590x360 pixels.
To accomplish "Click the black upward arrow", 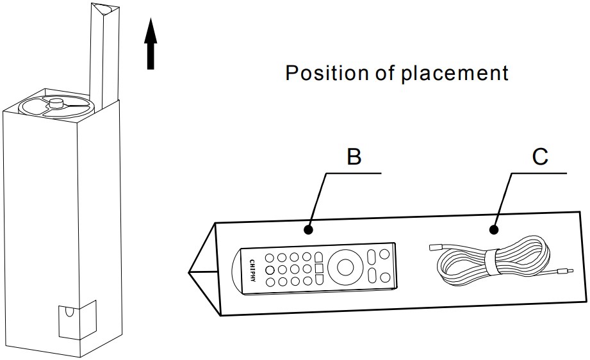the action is (151, 44).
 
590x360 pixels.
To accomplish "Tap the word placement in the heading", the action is (455, 73).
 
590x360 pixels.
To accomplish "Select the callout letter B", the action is (354, 156).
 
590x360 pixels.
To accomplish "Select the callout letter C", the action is (540, 156).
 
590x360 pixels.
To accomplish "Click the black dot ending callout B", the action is (309, 229).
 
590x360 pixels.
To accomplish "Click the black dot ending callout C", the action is (494, 229).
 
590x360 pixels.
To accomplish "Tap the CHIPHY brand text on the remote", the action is (252, 271).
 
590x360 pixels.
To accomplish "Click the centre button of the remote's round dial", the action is (345, 266).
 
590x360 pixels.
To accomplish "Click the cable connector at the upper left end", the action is (436, 247).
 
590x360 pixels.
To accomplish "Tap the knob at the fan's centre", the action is (56, 102).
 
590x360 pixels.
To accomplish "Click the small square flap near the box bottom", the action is (77, 320).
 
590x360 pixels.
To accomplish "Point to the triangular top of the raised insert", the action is (105, 8).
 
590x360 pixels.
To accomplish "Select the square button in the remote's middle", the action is (319, 268).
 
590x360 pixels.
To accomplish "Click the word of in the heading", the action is (384, 72).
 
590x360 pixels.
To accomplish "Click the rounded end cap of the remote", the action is (237, 272).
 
